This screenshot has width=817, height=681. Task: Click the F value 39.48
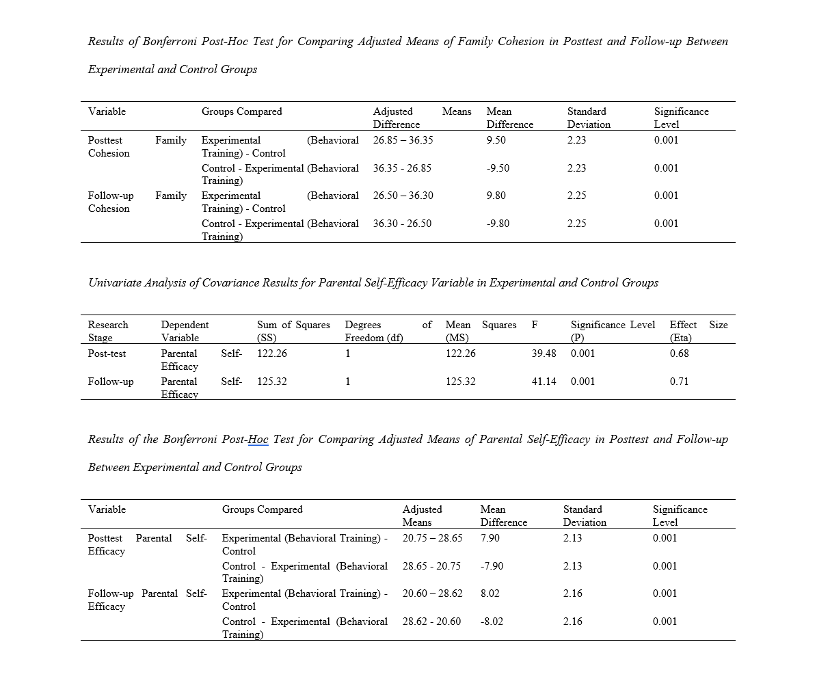pos(544,353)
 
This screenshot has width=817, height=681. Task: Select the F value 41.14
pos(544,382)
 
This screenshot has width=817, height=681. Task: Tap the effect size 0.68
pos(679,353)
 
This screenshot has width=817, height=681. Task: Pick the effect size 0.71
pos(679,382)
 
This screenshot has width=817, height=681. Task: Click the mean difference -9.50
pos(498,168)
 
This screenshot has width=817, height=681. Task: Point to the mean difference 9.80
pos(496,196)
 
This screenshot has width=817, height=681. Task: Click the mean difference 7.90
pos(490,538)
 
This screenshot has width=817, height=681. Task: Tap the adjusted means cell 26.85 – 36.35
pos(403,140)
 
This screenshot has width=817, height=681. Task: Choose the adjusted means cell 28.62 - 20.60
pos(431,622)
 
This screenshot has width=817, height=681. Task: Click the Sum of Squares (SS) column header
pos(293,331)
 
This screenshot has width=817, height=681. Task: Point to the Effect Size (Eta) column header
pos(698,331)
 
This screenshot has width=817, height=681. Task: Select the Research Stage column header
pos(108,331)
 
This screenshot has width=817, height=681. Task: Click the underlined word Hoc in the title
pos(258,440)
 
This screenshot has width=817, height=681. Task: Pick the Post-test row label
pos(107,353)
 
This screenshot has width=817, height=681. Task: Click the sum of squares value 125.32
pos(271,382)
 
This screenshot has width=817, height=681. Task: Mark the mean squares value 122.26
pos(460,353)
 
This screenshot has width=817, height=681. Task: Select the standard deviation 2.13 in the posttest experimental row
pos(572,538)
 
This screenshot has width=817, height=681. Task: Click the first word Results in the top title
pos(105,42)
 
